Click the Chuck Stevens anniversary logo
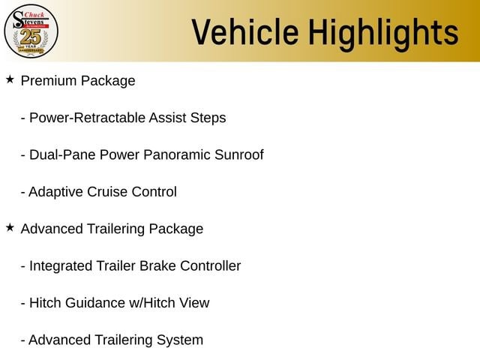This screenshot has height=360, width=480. coord(31,31)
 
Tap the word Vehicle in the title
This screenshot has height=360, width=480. coord(245,32)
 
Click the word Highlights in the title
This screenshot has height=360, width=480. coord(383,34)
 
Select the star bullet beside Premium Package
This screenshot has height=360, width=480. coord(10,79)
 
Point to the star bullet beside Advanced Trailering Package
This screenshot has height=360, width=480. coord(10,227)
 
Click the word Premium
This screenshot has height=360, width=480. coord(48,81)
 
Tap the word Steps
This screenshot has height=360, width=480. coord(208,118)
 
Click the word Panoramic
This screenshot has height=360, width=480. coord(177,154)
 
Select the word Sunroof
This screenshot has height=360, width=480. coord(239,154)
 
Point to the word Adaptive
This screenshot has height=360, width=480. coord(55,192)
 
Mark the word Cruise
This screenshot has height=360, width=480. coord(107,192)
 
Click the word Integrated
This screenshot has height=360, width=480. coord(61,266)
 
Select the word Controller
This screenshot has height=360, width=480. coord(211,265)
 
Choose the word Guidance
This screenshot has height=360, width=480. coord(95,303)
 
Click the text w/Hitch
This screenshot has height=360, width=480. coord(152,303)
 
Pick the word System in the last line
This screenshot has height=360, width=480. coord(180,340)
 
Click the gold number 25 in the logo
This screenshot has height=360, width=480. coord(31,37)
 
